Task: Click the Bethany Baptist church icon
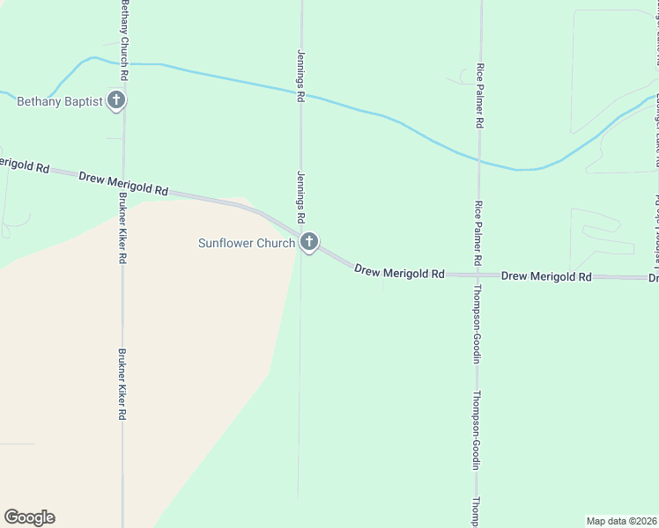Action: click(x=115, y=100)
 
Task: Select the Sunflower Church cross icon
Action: click(x=308, y=242)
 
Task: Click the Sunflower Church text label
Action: click(x=246, y=243)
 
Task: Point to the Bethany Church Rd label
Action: click(x=125, y=41)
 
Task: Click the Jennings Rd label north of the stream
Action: click(x=300, y=76)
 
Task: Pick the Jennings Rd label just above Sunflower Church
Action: click(x=300, y=196)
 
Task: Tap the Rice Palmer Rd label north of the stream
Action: click(x=480, y=97)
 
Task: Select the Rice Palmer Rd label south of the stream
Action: click(x=478, y=233)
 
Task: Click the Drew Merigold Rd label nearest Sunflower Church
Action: click(x=399, y=273)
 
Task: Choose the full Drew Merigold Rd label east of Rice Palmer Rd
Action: click(x=546, y=276)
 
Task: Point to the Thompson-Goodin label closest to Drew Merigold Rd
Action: click(x=476, y=324)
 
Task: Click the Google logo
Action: click(x=29, y=517)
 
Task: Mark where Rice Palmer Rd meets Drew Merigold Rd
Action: click(x=478, y=275)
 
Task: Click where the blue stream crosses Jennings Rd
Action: click(x=301, y=91)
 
